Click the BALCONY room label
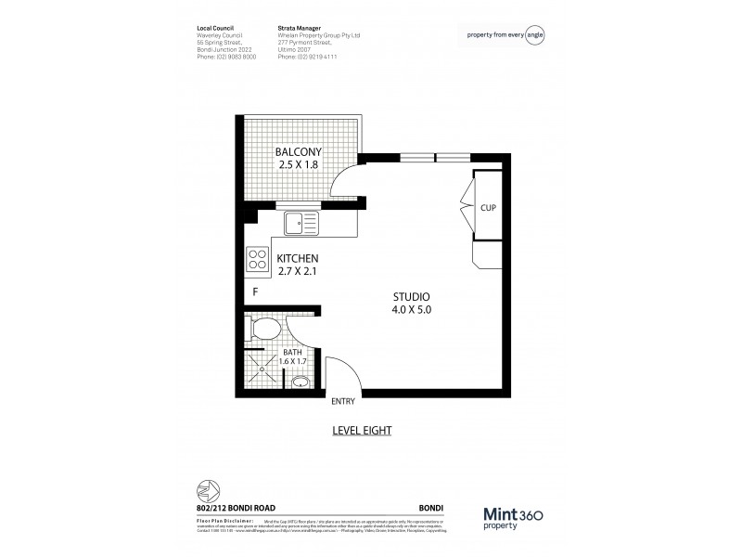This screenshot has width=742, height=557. click(297, 151)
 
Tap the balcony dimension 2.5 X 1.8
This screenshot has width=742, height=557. click(297, 165)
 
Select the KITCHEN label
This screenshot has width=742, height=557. click(299, 258)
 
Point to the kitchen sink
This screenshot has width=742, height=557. click(301, 222)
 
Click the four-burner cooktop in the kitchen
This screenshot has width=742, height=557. click(257, 259)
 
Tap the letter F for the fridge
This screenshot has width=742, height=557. click(255, 291)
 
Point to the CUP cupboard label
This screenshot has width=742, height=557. click(487, 207)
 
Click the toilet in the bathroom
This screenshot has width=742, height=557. click(267, 329)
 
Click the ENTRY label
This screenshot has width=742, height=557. click(343, 402)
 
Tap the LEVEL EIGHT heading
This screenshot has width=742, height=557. click(363, 431)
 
